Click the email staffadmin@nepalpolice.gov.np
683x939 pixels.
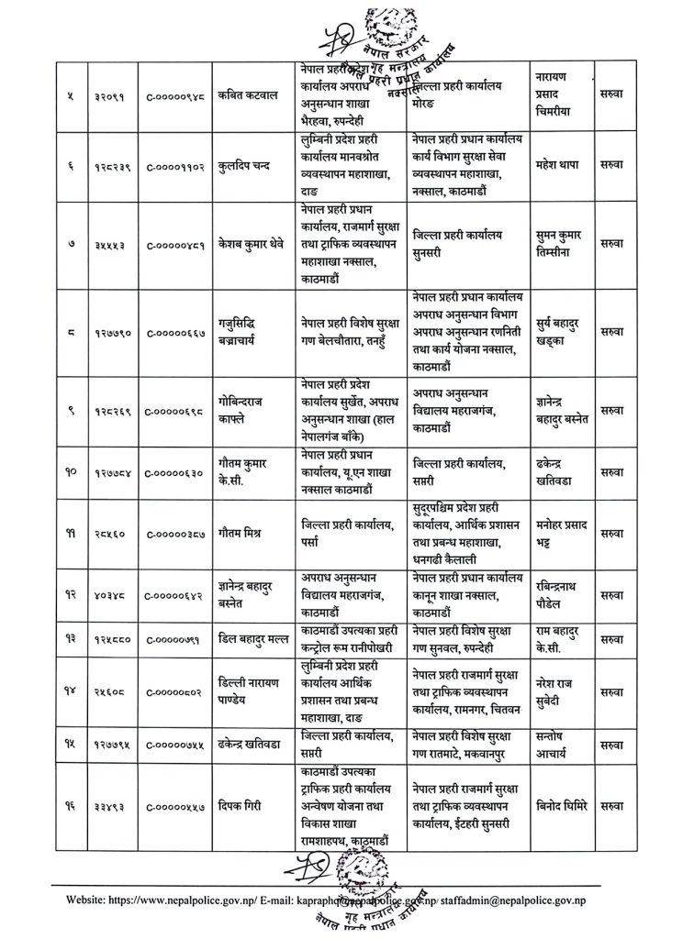(527, 902)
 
